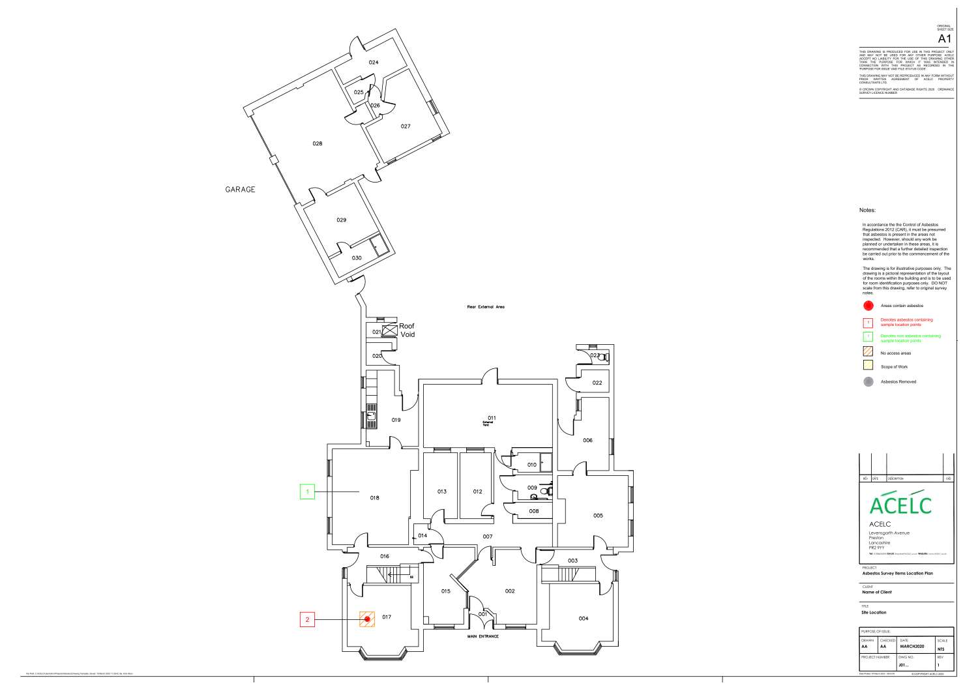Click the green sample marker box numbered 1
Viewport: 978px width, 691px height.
307,492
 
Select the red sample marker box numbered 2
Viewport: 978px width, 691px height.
308,619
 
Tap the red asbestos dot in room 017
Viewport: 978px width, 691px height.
368,619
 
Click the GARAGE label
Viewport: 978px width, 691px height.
240,190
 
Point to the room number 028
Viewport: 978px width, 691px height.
318,143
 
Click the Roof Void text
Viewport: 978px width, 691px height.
407,330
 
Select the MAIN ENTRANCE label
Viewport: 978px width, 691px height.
483,636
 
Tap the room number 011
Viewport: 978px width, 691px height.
492,418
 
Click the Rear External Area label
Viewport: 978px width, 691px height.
486,306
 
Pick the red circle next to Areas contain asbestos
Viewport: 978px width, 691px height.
868,306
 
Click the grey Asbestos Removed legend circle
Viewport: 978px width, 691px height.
868,382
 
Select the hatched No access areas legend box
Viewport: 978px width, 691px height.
868,353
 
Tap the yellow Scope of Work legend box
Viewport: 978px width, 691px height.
868,366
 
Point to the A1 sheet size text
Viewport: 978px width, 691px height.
945,39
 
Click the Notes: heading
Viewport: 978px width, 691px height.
867,211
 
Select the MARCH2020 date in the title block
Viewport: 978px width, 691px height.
912,647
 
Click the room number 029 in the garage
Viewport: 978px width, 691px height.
341,220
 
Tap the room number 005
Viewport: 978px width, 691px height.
598,516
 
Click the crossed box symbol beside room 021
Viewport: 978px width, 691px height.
389,330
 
